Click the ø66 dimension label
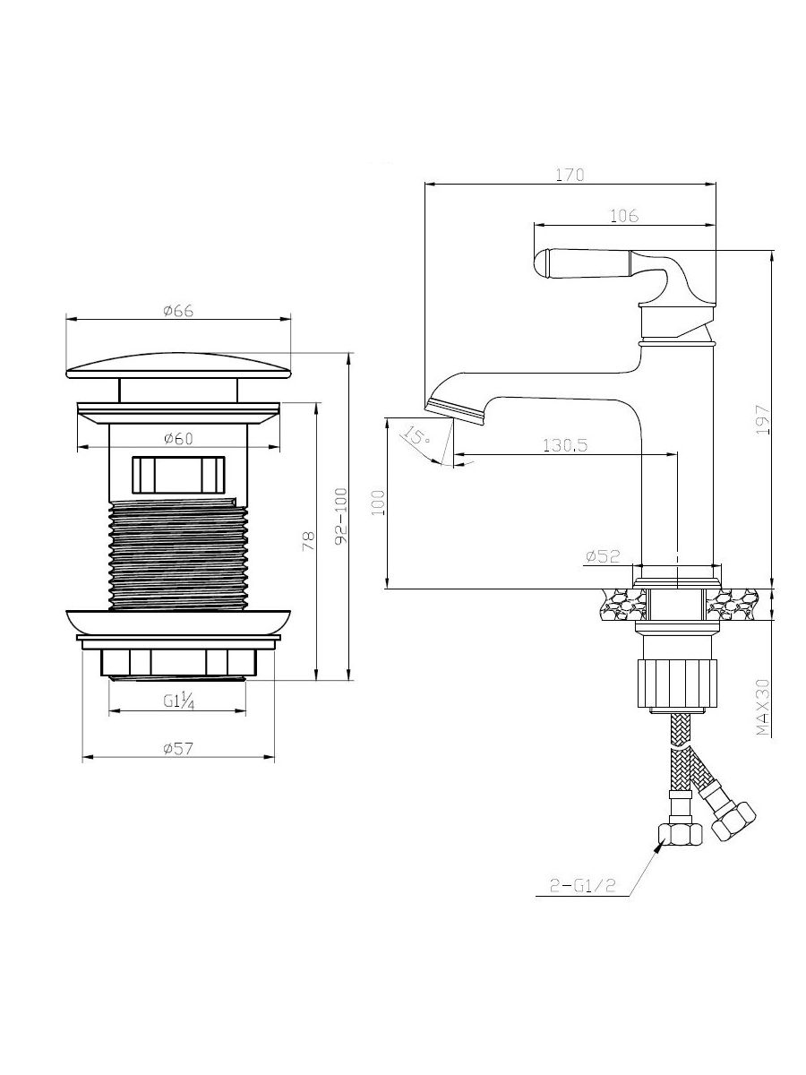pyautogui.click(x=178, y=310)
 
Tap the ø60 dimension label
pyautogui.click(x=178, y=439)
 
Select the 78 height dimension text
pyautogui.click(x=309, y=541)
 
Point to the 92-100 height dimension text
pyautogui.click(x=341, y=516)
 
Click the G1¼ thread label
pyautogui.click(x=178, y=701)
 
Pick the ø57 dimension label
pyautogui.click(x=178, y=749)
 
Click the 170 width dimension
pyautogui.click(x=570, y=175)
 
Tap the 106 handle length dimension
pyautogui.click(x=624, y=215)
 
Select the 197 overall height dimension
pyautogui.click(x=762, y=420)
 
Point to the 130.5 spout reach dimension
pyautogui.click(x=565, y=445)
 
